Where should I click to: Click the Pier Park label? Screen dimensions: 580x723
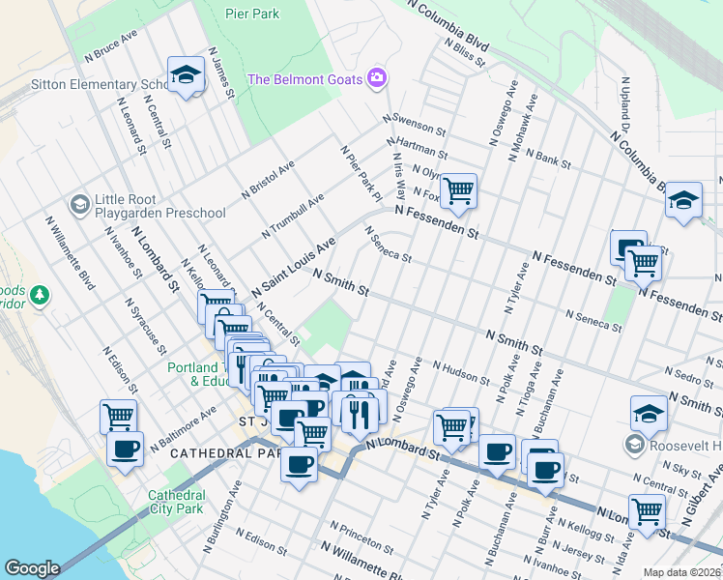click(251, 14)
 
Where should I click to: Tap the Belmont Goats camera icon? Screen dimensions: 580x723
click(378, 77)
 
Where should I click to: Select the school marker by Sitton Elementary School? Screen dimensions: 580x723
click(183, 73)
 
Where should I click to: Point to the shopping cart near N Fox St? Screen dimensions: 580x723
click(457, 188)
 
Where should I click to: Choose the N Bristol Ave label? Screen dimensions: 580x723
click(269, 180)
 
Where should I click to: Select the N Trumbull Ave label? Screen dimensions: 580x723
click(293, 217)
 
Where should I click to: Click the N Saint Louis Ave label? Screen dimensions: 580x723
click(293, 267)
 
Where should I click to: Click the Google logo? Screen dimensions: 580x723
click(32, 568)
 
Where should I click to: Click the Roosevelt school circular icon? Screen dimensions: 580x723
click(634, 445)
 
